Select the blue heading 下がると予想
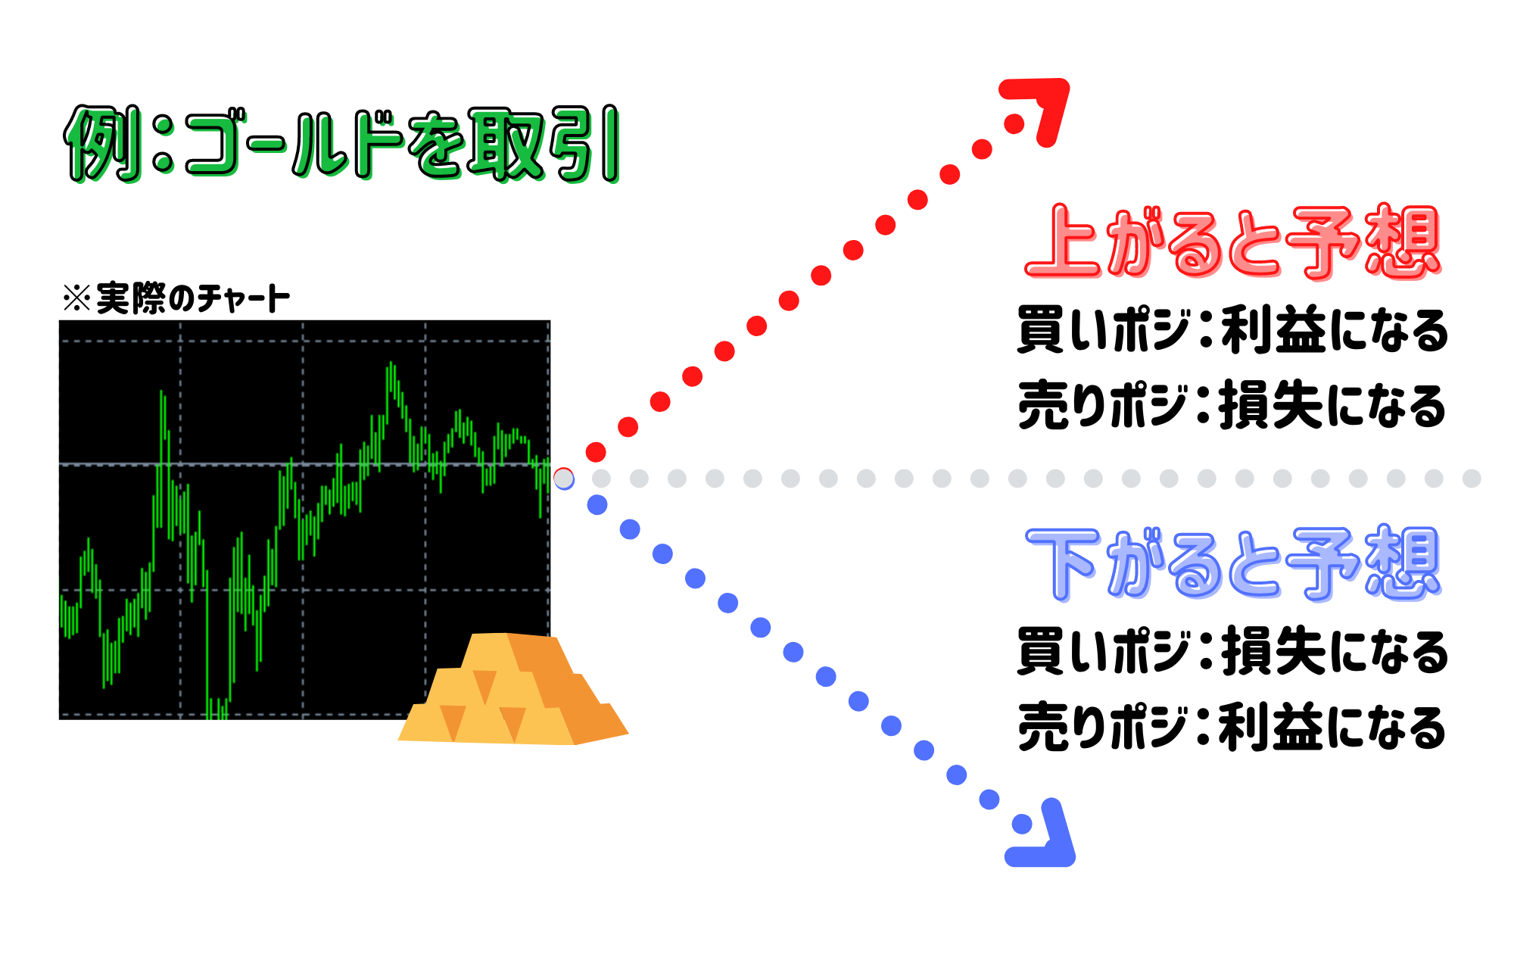click(1232, 564)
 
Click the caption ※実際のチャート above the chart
click(176, 298)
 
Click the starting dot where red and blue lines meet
click(564, 479)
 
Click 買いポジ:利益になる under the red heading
click(1232, 331)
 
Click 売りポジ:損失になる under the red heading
click(1232, 406)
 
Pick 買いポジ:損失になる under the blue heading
click(1232, 652)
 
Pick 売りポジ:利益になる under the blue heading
click(1232, 727)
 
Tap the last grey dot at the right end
click(1472, 479)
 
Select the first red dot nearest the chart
click(596, 453)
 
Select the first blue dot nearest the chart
click(597, 505)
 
